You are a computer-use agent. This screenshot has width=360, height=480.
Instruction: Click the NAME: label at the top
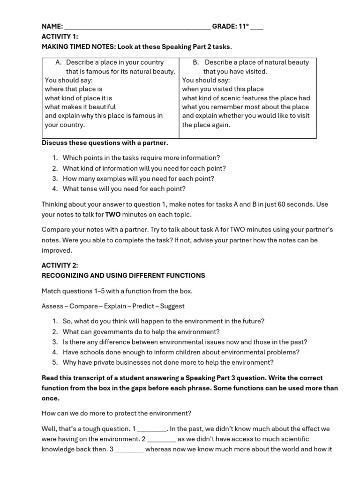click(52, 27)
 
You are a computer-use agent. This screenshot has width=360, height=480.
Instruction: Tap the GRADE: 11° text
click(231, 27)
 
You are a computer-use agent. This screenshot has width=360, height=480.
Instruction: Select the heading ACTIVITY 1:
click(60, 37)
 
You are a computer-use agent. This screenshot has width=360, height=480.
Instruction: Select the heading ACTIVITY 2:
click(60, 265)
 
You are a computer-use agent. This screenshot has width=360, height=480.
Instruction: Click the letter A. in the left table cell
click(59, 62)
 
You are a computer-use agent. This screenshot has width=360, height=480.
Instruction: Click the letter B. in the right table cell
click(196, 62)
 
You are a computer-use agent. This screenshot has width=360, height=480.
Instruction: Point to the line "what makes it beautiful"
click(80, 107)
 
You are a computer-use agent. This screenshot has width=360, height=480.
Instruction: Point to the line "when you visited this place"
click(223, 89)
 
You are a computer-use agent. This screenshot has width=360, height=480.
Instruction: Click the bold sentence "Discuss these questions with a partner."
click(105, 142)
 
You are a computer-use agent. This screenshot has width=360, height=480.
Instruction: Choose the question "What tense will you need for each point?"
click(124, 189)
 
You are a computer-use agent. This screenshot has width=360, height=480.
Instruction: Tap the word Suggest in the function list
click(172, 306)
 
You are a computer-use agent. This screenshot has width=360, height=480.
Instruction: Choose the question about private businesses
click(168, 362)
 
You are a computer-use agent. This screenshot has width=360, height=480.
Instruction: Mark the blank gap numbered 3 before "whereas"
click(130, 450)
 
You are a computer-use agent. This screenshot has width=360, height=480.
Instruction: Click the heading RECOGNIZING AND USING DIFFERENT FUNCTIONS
click(123, 276)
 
